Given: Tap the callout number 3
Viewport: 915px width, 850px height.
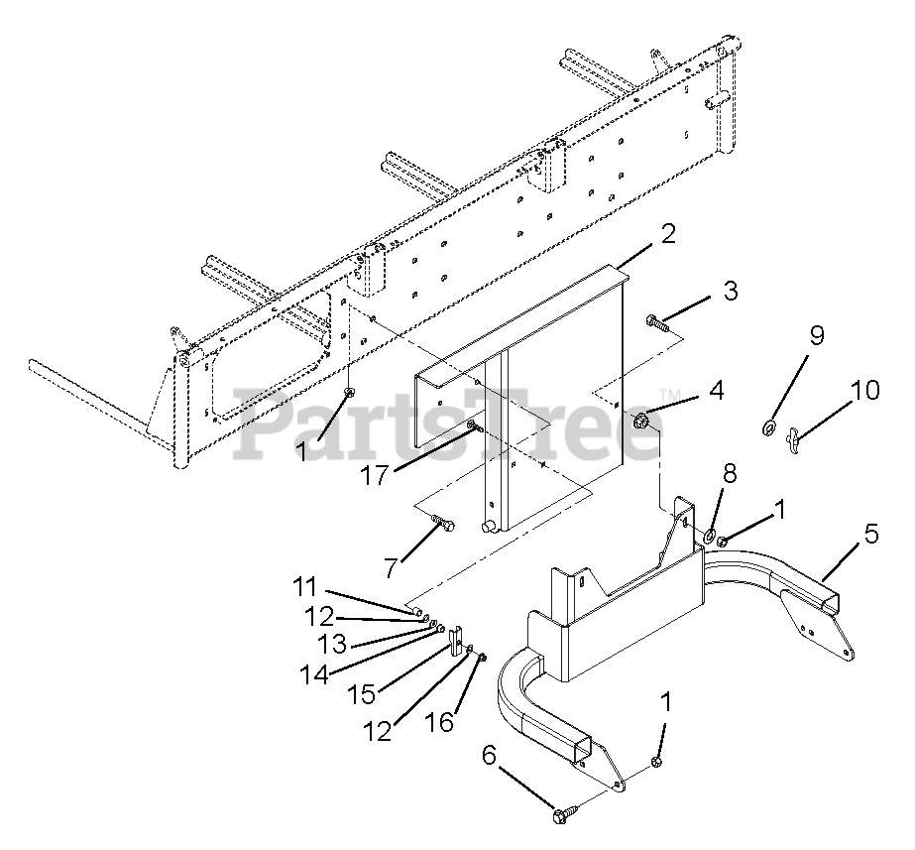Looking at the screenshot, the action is pyautogui.click(x=730, y=291).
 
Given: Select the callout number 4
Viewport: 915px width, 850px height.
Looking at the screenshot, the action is pyautogui.click(x=716, y=390).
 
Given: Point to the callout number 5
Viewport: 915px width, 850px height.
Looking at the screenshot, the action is pyautogui.click(x=870, y=534).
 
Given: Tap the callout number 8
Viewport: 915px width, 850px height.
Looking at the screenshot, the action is pyautogui.click(x=730, y=473).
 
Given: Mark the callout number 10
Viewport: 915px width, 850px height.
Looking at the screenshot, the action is pyautogui.click(x=864, y=390).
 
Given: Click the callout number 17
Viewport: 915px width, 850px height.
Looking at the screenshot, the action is pyautogui.click(x=374, y=476).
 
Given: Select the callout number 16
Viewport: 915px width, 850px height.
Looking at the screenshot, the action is pyautogui.click(x=439, y=723).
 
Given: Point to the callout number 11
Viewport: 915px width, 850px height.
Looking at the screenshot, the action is pyautogui.click(x=304, y=587).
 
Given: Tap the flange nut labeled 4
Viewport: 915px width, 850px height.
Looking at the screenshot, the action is pyautogui.click(x=640, y=420).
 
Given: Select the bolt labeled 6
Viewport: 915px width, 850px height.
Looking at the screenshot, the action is pyautogui.click(x=565, y=812).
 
